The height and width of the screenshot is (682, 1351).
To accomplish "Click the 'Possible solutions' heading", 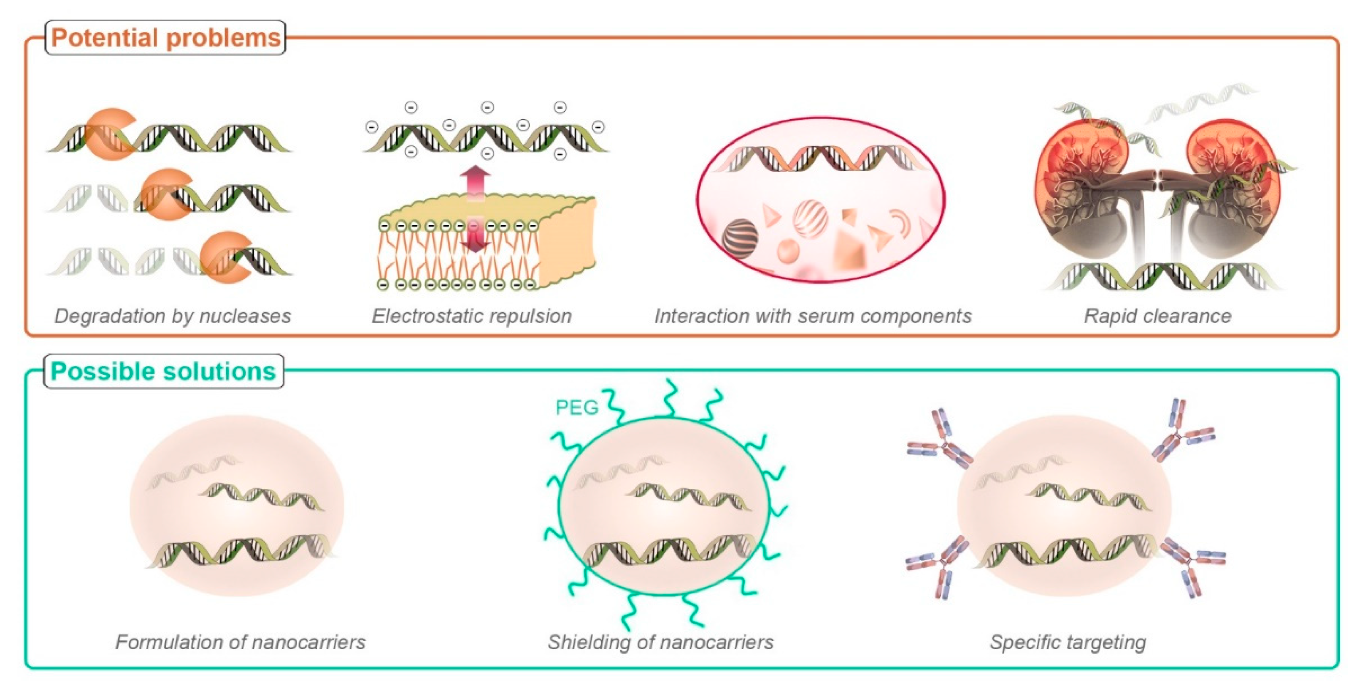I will click(x=163, y=371).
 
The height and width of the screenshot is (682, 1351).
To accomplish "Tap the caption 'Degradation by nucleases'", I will click(x=173, y=316).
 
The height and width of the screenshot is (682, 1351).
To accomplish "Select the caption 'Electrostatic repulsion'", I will click(x=471, y=316).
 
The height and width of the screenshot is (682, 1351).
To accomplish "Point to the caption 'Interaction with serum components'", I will click(x=813, y=316).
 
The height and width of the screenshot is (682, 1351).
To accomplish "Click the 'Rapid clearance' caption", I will click(x=1157, y=316).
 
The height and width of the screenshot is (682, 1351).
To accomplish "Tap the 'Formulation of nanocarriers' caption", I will click(x=240, y=642).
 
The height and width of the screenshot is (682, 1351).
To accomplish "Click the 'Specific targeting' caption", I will click(x=1068, y=642).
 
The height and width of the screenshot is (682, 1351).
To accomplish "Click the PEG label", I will click(x=577, y=407).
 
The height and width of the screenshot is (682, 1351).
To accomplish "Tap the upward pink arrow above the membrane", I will click(x=476, y=181).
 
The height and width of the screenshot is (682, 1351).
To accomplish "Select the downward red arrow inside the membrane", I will click(x=476, y=238).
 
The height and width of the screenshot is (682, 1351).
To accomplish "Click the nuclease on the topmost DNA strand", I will click(x=108, y=134).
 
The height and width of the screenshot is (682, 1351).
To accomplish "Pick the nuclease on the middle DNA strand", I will click(x=165, y=194).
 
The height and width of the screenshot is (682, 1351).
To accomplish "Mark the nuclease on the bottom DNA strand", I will click(x=224, y=257).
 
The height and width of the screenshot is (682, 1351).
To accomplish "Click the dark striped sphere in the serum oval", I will click(x=740, y=238).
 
